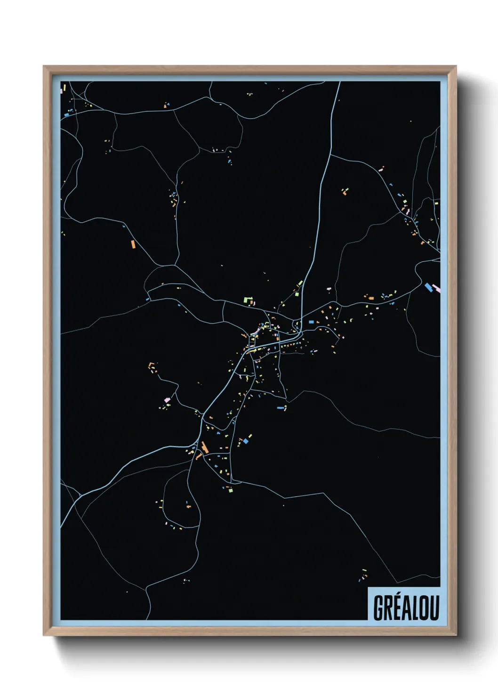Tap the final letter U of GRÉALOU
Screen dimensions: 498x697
[x=434, y=608]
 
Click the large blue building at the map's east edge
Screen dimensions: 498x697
[x=428, y=286]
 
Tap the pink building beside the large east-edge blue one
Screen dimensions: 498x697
[x=436, y=287]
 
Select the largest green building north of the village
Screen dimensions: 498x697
[x=248, y=299]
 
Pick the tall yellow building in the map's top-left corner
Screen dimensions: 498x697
[x=64, y=88]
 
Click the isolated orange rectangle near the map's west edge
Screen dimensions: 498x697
[x=133, y=244]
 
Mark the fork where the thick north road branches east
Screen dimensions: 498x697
[x=331, y=154]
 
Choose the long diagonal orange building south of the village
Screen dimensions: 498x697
[x=204, y=447]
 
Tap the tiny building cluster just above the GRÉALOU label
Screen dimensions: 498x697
[x=364, y=575]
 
